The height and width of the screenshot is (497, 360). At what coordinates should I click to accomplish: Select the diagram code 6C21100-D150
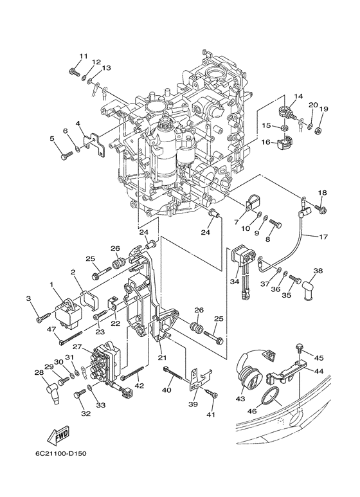coord(61,453)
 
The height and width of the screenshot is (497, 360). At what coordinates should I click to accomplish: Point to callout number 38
coord(318,271)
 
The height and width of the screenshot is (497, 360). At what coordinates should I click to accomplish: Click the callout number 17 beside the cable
coord(323,237)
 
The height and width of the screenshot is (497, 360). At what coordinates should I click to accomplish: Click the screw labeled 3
coord(44,317)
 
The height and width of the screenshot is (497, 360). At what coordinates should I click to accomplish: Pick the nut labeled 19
coord(319,130)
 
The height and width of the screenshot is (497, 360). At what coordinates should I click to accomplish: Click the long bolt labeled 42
coord(132,373)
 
